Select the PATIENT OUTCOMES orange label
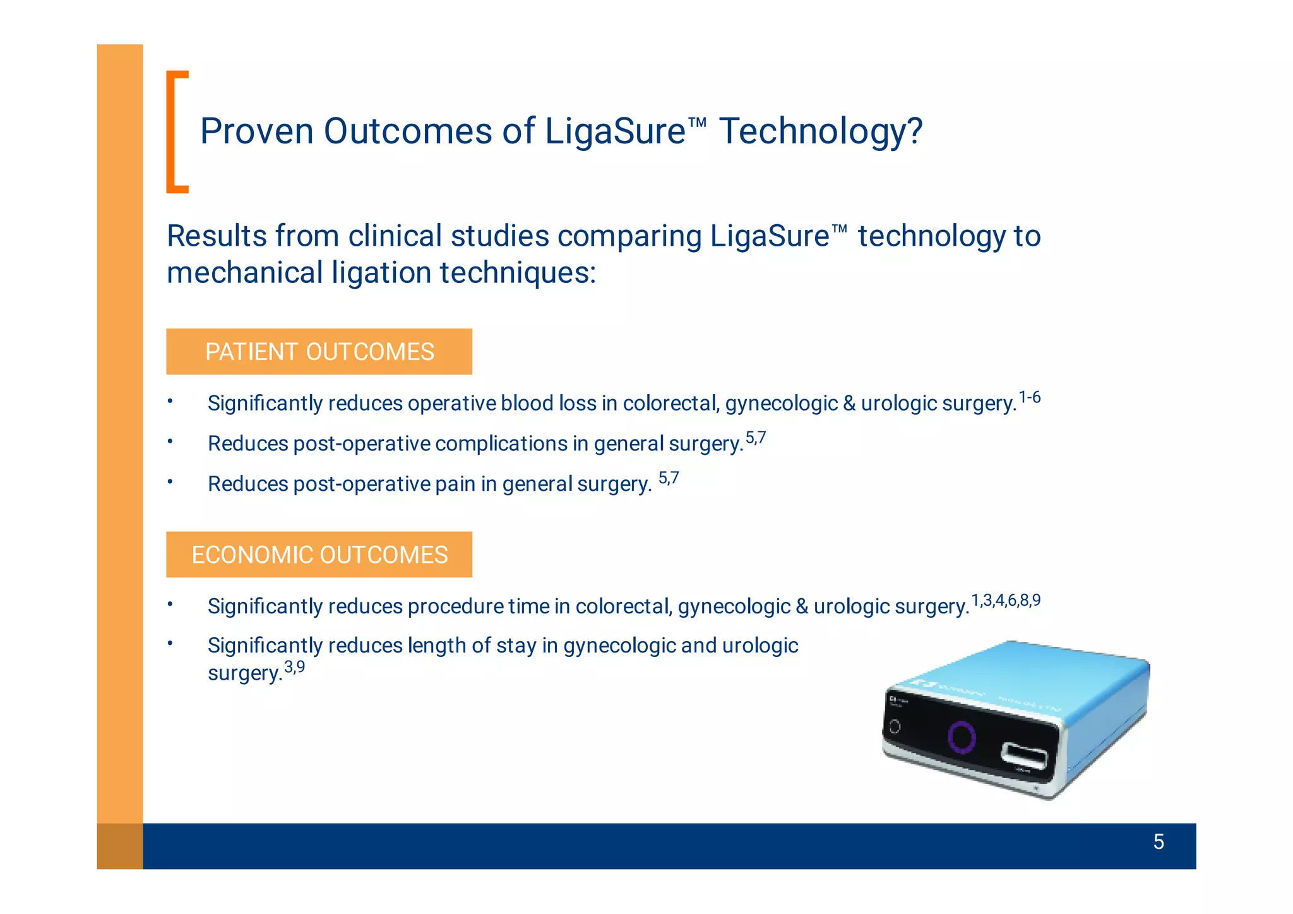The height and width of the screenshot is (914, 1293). [319, 352]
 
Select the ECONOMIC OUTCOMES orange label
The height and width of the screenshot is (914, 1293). [319, 555]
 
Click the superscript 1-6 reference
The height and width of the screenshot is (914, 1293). [1029, 397]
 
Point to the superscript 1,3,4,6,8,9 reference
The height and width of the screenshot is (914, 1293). [1005, 600]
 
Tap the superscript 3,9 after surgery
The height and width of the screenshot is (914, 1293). [294, 666]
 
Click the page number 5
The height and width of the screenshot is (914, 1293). [1158, 841]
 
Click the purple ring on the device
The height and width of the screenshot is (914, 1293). [962, 737]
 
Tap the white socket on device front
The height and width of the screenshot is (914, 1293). [1023, 755]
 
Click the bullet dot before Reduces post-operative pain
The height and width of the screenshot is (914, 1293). [170, 482]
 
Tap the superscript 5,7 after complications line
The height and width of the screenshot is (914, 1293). [755, 438]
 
